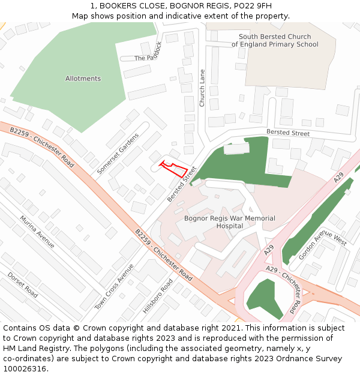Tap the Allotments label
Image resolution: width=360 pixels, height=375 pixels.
click(83, 79)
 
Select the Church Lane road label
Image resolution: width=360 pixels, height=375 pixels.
click(202, 88)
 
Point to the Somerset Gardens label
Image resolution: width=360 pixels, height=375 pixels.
click(117, 153)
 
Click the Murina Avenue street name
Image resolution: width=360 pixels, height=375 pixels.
click(37, 232)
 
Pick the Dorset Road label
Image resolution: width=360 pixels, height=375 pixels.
click(23, 284)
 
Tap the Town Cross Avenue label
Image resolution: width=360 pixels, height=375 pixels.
click(114, 287)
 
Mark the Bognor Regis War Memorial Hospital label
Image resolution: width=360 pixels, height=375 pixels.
click(229, 222)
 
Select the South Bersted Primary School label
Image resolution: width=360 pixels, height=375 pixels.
click(275, 41)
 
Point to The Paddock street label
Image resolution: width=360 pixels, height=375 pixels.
click(148, 52)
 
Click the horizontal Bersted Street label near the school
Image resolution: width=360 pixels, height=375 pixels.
click(288, 133)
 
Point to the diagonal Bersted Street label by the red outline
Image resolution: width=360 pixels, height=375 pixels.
click(182, 184)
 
